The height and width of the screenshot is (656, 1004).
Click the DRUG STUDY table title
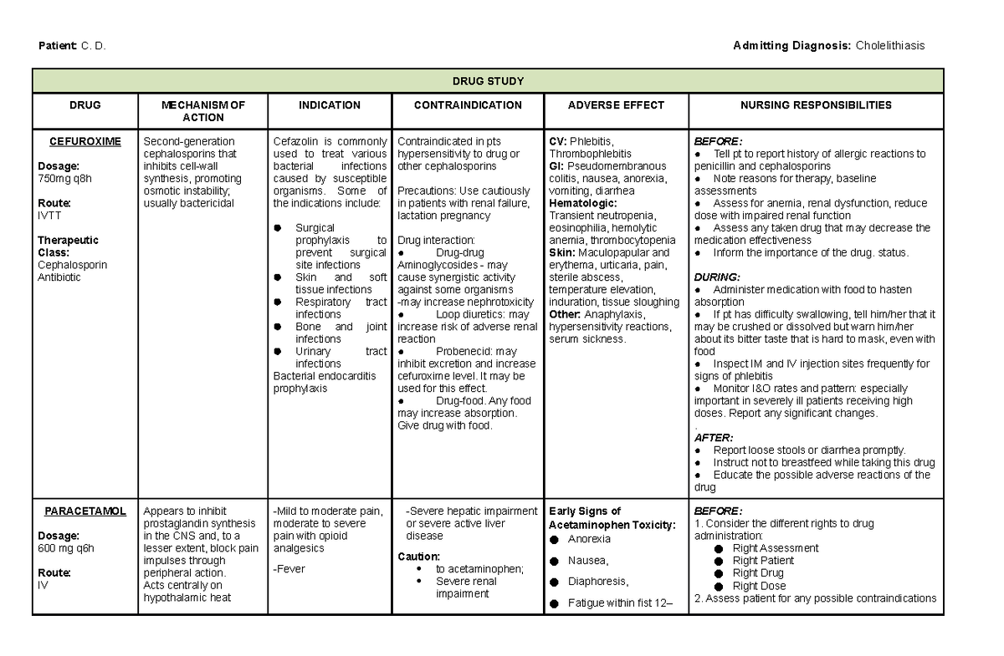[488, 81]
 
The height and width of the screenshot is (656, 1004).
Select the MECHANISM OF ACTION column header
[203, 111]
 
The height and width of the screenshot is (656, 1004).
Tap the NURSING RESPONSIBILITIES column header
[816, 105]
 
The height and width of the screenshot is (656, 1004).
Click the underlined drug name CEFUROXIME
[85, 141]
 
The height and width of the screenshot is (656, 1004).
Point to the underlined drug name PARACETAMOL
[85, 511]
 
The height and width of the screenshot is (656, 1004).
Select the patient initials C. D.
[93, 45]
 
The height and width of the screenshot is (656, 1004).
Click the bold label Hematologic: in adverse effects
[582, 203]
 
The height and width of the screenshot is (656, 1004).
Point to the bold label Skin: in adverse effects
[561, 252]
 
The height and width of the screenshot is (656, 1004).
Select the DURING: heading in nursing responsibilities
[715, 277]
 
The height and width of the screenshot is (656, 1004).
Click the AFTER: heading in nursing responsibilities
[713, 437]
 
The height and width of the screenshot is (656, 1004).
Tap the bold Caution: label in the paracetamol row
[419, 556]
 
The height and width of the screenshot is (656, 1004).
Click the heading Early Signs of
[584, 511]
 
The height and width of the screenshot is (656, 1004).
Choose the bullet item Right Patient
[762, 561]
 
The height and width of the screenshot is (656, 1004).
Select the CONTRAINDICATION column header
[468, 105]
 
